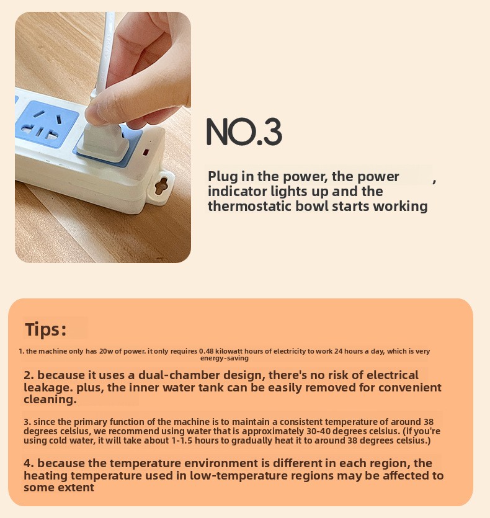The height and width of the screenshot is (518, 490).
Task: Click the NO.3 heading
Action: tap(244, 132)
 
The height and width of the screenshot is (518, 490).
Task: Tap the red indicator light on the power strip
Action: tap(145, 152)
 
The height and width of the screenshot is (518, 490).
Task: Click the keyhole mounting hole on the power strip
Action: tap(161, 185)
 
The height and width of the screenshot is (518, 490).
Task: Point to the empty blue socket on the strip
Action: tap(47, 125)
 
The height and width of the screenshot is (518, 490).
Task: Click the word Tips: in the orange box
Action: tap(46, 329)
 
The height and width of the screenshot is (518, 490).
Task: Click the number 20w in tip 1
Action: tap(106, 351)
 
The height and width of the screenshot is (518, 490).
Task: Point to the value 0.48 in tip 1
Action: tap(206, 351)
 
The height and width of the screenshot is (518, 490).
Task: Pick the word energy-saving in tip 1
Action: tap(225, 358)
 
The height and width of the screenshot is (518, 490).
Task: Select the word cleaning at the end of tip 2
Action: tap(50, 400)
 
